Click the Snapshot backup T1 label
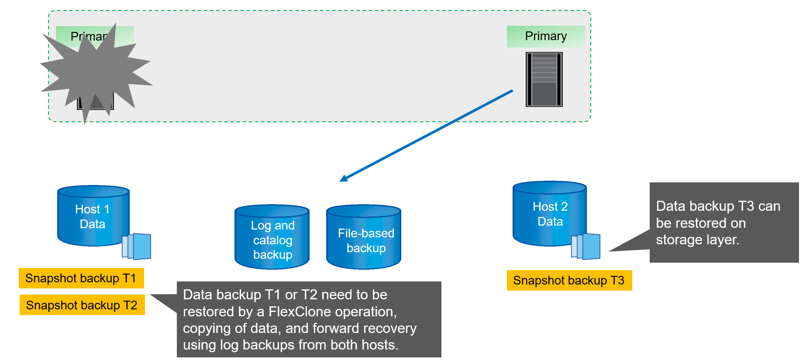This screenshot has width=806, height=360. (x=81, y=278)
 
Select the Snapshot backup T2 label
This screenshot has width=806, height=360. (x=82, y=305)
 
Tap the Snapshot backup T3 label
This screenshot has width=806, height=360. (x=569, y=281)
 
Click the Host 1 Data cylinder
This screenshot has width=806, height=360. (x=93, y=216)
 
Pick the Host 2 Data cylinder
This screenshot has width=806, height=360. (x=549, y=213)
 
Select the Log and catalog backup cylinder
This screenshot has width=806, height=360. (x=272, y=238)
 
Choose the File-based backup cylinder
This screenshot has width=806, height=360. (x=364, y=238)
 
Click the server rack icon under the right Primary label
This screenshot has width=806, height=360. (x=544, y=79)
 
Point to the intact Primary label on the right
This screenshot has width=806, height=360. (x=546, y=36)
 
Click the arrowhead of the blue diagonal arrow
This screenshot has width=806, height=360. (x=344, y=178)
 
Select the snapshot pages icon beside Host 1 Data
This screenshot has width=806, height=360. (x=137, y=246)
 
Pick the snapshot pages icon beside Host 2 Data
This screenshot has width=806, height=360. (x=586, y=247)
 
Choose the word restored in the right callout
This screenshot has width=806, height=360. (x=701, y=223)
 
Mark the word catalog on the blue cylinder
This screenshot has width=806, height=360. (x=272, y=240)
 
